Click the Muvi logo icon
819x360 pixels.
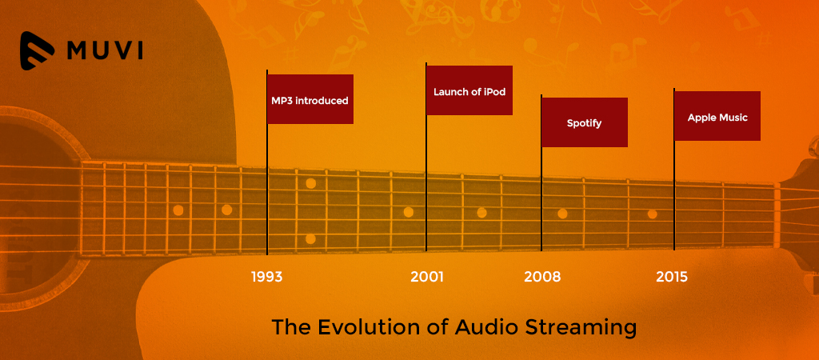(37, 50)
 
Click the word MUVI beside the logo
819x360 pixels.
(105, 50)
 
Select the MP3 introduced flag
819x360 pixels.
(310, 99)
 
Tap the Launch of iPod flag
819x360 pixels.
(469, 90)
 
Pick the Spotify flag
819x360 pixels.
(585, 122)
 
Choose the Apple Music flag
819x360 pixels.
(717, 116)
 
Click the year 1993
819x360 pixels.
(266, 277)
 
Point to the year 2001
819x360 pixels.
(427, 277)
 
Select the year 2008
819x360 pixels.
(542, 277)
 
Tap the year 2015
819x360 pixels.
(672, 277)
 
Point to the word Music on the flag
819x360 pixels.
(733, 118)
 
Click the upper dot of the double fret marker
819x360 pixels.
(311, 183)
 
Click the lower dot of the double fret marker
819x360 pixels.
(310, 238)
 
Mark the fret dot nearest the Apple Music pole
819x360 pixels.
(653, 214)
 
